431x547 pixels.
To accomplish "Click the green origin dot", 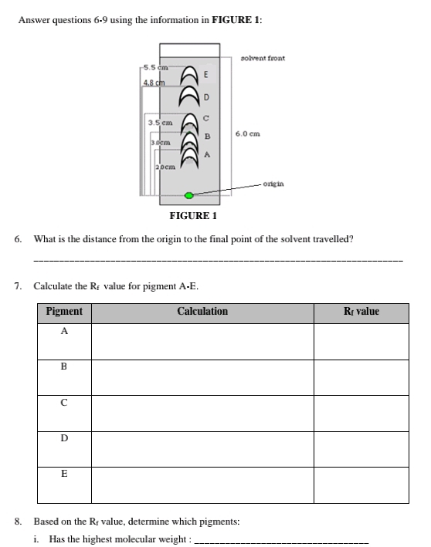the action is coord(188,195).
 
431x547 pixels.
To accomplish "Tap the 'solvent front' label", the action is coord(263,59).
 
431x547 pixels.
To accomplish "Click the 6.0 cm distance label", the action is coord(248,134).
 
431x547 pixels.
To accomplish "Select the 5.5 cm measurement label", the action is coord(156,67).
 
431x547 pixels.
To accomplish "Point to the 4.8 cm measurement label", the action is coord(154,83).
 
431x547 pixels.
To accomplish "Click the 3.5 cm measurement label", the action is coord(160,123).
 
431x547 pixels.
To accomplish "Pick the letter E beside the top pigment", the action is coord(205,74).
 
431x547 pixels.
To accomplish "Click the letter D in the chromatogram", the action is coord(206,97).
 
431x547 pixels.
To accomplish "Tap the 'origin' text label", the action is coord(273,184).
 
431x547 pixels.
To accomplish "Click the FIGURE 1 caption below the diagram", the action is coord(193,216).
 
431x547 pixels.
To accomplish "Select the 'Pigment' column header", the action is coord(64,311).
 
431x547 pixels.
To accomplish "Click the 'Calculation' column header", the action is coord(202,311).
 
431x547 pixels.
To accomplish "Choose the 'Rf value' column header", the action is coord(361,311).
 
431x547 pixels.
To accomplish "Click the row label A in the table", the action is coord(64,331).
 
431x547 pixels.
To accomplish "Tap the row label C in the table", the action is coord(64,403).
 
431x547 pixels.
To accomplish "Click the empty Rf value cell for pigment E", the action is coord(361,485).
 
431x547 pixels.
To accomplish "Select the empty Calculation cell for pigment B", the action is coord(202,378).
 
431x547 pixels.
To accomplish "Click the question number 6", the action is coord(18,239).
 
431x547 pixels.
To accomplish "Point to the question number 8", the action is coord(18,522).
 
